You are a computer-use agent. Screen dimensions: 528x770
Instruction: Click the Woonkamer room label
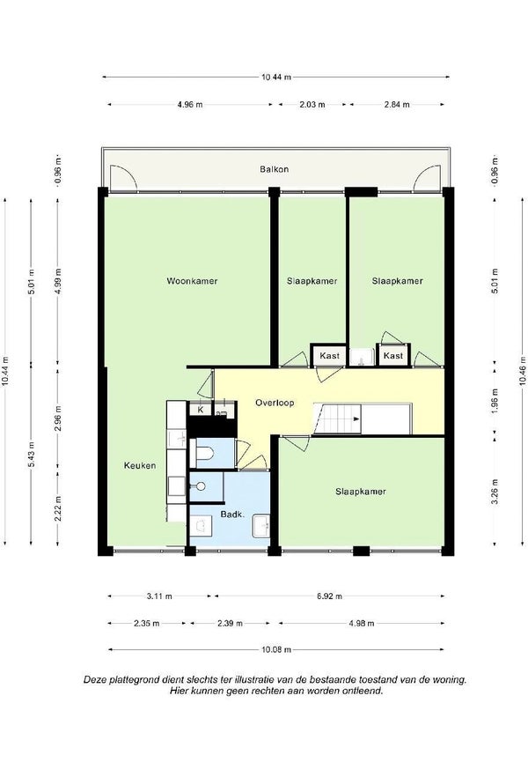(x=192, y=281)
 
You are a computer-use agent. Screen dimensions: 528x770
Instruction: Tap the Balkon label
(x=275, y=169)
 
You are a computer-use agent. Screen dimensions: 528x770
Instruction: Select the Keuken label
(x=140, y=465)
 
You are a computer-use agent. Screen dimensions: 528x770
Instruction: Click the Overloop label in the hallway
(x=275, y=403)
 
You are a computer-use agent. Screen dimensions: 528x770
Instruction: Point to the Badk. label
(x=232, y=515)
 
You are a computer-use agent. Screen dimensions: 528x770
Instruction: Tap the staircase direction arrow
(x=356, y=418)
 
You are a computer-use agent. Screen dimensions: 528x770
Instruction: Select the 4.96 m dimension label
(x=190, y=104)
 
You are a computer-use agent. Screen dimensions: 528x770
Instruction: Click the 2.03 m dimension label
(x=312, y=104)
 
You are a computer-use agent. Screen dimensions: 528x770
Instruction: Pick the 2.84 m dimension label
(x=397, y=104)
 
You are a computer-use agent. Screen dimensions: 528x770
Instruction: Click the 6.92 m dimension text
(x=329, y=596)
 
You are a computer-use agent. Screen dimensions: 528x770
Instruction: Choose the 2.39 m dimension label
(x=230, y=623)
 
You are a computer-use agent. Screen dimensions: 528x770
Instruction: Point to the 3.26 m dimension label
(x=495, y=492)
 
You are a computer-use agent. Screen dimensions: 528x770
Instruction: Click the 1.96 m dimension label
(x=495, y=400)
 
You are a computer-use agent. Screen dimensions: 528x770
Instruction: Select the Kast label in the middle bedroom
(x=329, y=356)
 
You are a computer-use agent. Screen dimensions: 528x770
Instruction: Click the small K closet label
(x=201, y=409)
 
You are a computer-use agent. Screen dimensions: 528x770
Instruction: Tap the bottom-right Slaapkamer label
(x=361, y=491)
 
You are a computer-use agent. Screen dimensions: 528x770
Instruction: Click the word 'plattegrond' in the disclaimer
(x=131, y=679)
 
